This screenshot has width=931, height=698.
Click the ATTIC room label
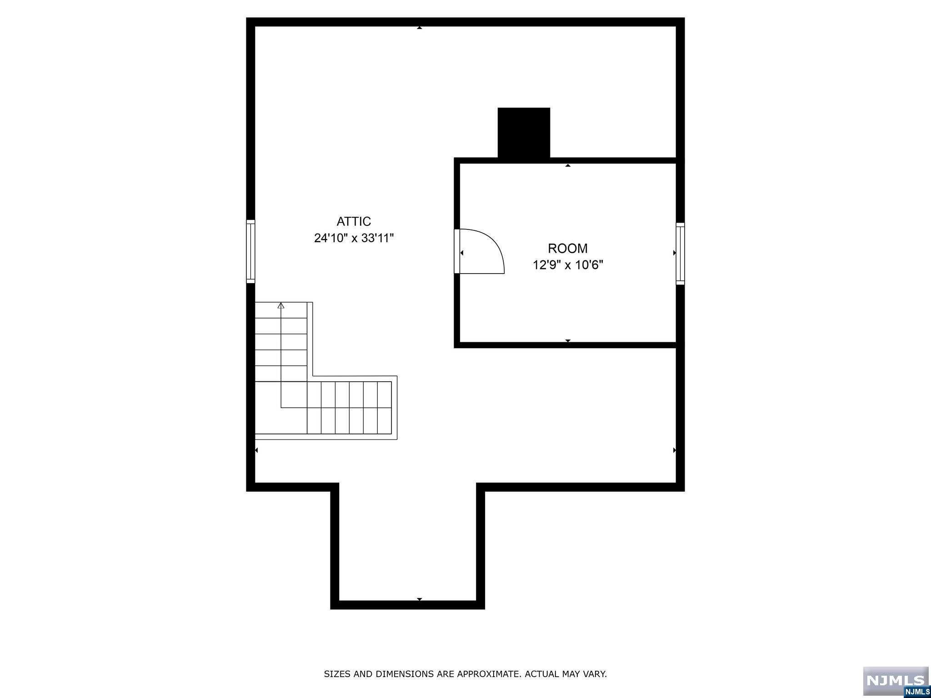354,221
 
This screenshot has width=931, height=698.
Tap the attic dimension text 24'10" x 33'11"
354,238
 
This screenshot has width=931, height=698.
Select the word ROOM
567,248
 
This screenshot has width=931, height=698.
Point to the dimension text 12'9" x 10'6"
568,265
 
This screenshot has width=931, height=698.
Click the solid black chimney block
524,133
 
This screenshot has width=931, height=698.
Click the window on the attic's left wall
250,251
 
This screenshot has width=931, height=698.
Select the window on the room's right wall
680,254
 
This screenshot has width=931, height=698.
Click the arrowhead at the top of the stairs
281,306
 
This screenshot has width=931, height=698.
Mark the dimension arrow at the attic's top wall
420,28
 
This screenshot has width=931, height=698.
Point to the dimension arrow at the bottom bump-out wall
420,599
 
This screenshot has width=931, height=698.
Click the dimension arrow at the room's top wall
568,165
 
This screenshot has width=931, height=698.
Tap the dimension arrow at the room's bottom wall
568,341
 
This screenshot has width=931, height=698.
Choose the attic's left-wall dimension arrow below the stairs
256,450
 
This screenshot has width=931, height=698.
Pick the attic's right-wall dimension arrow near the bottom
674,450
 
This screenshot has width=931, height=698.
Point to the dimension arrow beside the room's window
674,253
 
